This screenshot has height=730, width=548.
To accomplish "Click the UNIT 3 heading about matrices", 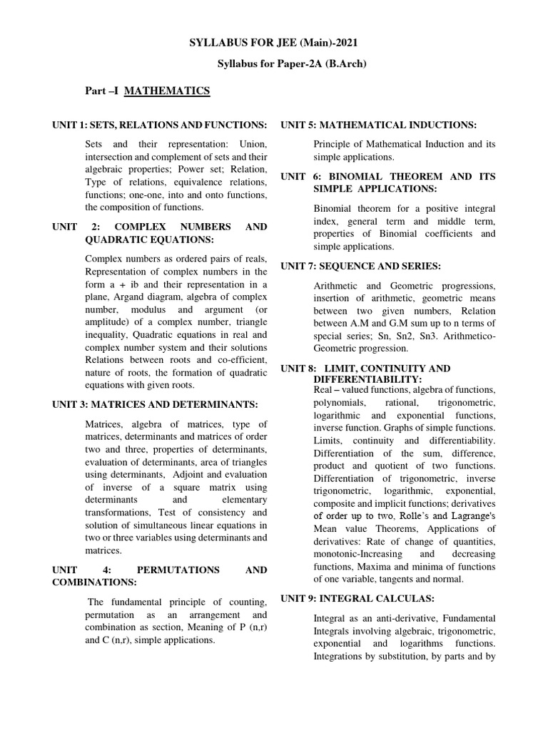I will [155, 404].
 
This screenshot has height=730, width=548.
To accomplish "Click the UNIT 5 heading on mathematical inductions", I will [378, 125].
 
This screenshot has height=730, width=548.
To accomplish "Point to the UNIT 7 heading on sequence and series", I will [360, 266].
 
